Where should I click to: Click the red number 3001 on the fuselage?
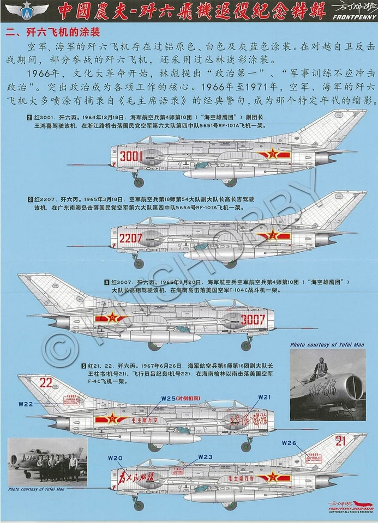(131, 156)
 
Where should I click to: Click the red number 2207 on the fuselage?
(131, 238)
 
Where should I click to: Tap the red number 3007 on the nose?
(253, 320)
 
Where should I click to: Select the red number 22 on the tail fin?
(46, 382)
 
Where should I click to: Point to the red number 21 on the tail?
(340, 441)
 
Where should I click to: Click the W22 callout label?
(26, 404)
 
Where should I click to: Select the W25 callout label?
(169, 398)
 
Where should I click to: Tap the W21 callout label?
(264, 397)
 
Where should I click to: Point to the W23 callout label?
(205, 457)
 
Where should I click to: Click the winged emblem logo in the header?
(26, 9)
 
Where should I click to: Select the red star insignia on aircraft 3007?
(112, 318)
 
